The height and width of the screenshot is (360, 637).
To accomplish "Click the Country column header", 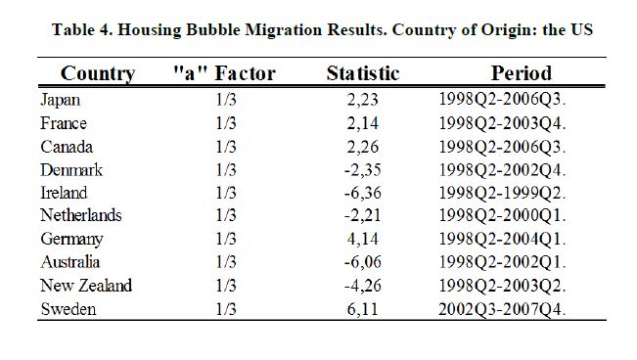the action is click(x=98, y=74).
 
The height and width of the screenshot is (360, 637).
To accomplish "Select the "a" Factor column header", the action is click(x=224, y=73).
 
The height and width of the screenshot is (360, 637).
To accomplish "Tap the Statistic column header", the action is click(x=363, y=73).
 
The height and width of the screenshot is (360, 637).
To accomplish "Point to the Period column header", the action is click(x=522, y=73).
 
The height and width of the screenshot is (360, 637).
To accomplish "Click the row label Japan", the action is click(x=60, y=101).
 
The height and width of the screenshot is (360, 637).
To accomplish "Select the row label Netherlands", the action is click(x=81, y=215).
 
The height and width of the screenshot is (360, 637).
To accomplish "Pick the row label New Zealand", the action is click(x=86, y=286).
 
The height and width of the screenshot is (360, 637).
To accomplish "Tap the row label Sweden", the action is click(x=68, y=309).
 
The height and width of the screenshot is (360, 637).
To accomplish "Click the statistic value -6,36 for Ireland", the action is click(x=363, y=193).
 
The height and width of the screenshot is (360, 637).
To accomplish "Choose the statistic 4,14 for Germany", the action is click(x=363, y=239).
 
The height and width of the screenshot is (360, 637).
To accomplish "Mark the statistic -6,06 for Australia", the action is click(x=363, y=262).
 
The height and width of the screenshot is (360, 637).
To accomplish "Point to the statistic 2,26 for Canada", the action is click(x=363, y=147).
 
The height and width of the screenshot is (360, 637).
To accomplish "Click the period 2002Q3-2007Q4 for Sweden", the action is click(x=502, y=309).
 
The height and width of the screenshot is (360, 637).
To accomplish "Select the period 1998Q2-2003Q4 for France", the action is click(x=502, y=123).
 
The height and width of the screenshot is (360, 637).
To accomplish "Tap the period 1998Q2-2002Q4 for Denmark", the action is click(x=502, y=170).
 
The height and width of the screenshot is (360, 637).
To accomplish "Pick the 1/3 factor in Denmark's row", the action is click(x=226, y=170).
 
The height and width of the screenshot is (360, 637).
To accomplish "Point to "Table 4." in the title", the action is click(x=82, y=30).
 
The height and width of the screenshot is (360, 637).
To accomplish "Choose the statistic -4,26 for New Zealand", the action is click(x=363, y=286).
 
